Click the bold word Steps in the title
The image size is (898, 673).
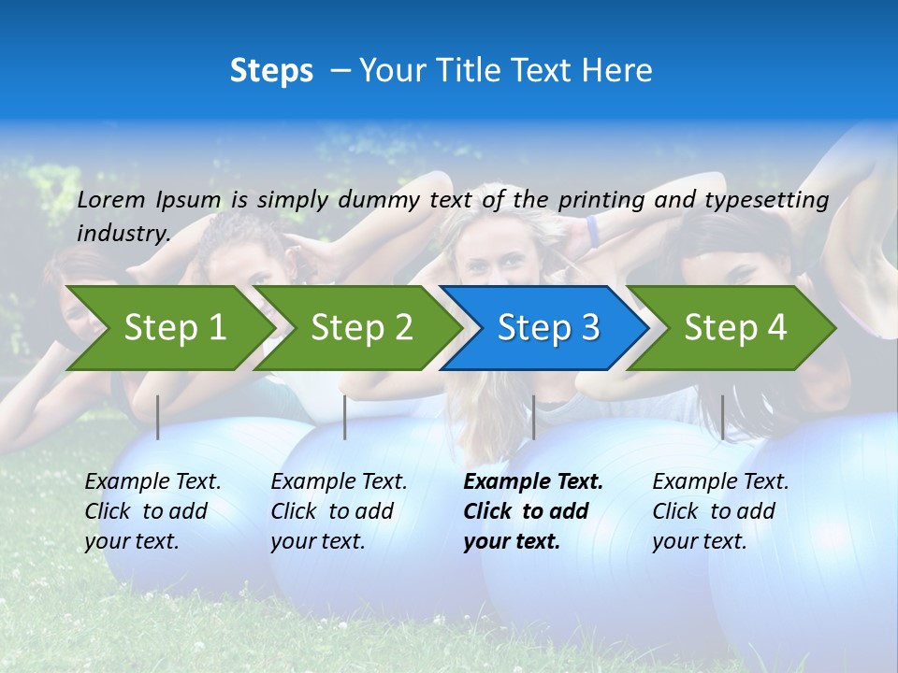pos(271,71)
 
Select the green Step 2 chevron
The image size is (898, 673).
pos(360,327)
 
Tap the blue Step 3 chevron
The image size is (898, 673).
pos(547,327)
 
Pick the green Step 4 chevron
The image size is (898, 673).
pos(734,327)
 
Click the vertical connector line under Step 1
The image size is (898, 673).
pos(158,417)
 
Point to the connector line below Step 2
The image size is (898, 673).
pos(345,417)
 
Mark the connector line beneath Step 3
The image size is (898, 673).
pos(533,417)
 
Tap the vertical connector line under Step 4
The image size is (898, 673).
pos(722,417)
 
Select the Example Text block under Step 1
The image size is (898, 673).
pos(152,511)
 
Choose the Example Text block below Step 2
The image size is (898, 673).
pos(339,511)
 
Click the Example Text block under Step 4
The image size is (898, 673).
pos(720,511)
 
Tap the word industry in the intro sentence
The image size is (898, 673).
pos(123,233)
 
